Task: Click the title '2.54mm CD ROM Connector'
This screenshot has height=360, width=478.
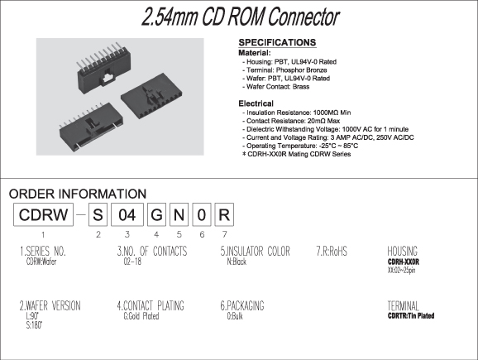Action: (x=240, y=17)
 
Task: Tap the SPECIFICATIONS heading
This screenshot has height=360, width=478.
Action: (x=277, y=42)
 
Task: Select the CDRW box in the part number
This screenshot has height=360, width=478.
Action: (x=43, y=214)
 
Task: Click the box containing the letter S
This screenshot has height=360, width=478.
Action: (x=98, y=214)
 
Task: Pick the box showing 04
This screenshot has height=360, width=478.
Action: (x=127, y=214)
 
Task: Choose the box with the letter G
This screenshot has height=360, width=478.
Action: (x=156, y=214)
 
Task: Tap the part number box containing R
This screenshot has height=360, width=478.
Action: (x=224, y=214)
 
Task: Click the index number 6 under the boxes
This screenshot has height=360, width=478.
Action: (x=202, y=234)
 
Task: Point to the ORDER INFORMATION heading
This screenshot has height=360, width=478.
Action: (x=78, y=194)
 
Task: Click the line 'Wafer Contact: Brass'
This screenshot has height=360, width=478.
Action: (x=276, y=87)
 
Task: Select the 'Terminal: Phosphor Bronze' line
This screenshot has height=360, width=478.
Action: (x=284, y=70)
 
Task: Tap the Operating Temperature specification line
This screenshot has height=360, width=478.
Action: (x=300, y=146)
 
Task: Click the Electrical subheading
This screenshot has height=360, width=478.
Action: (x=256, y=103)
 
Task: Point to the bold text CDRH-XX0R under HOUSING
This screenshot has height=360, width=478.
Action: (x=404, y=262)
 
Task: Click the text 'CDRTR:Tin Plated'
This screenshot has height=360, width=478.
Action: (x=411, y=316)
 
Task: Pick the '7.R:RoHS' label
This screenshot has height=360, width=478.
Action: (x=332, y=251)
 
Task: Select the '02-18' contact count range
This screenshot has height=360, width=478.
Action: (x=132, y=262)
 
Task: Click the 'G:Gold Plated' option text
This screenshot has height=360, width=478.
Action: (x=141, y=316)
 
